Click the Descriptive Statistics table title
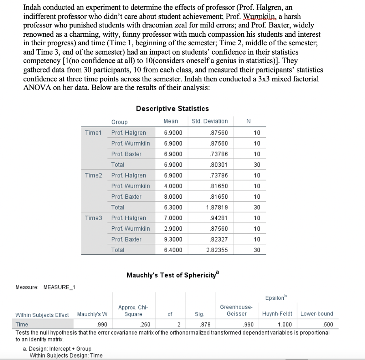[x=172, y=108]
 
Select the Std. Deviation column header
[x=210, y=121]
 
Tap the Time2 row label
[x=93, y=175]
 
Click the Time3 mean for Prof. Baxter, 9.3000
[x=173, y=239]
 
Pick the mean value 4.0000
[x=173, y=186]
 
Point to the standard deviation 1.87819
[x=217, y=207]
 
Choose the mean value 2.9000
[x=173, y=228]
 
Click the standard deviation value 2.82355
[x=217, y=250]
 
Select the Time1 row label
[x=93, y=133]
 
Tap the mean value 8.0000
[x=173, y=197]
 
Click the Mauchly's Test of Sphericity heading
[x=174, y=275]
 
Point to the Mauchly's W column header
[x=92, y=314]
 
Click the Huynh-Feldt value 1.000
[x=284, y=324]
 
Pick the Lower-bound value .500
[x=327, y=324]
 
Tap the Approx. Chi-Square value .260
[x=145, y=324]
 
